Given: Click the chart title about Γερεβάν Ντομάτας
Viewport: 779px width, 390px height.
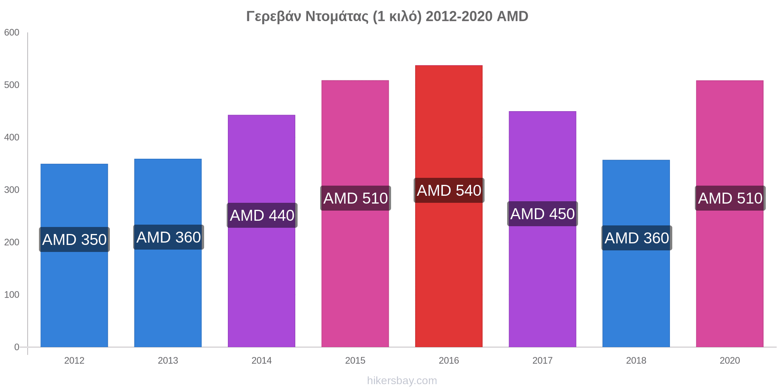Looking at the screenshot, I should point(387,16).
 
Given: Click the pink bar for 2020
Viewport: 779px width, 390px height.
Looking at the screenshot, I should point(730,273).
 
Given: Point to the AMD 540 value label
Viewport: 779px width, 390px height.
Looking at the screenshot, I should point(449,191).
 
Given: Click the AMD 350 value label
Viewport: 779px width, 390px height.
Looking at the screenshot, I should point(74,239).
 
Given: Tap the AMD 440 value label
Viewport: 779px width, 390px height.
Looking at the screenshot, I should point(262,215).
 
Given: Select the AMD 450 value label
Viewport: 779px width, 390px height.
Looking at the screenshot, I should point(543,214).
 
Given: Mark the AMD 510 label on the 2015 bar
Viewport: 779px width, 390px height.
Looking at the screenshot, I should point(356,198).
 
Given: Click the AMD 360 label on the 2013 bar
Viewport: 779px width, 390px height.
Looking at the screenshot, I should point(169,237).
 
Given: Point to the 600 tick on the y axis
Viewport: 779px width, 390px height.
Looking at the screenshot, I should point(12,33).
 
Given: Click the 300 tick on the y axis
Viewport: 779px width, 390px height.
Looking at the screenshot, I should point(12,190).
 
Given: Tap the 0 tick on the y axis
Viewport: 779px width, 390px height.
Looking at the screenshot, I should point(17,347).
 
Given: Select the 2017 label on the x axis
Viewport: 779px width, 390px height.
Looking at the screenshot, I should point(543,360).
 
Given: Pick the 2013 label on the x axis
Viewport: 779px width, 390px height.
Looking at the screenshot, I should point(168,360).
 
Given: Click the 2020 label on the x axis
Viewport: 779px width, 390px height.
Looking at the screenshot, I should point(730,360).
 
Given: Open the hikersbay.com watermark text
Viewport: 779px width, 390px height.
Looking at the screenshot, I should point(402,381).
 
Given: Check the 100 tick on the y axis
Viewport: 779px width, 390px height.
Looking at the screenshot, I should point(12,295).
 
